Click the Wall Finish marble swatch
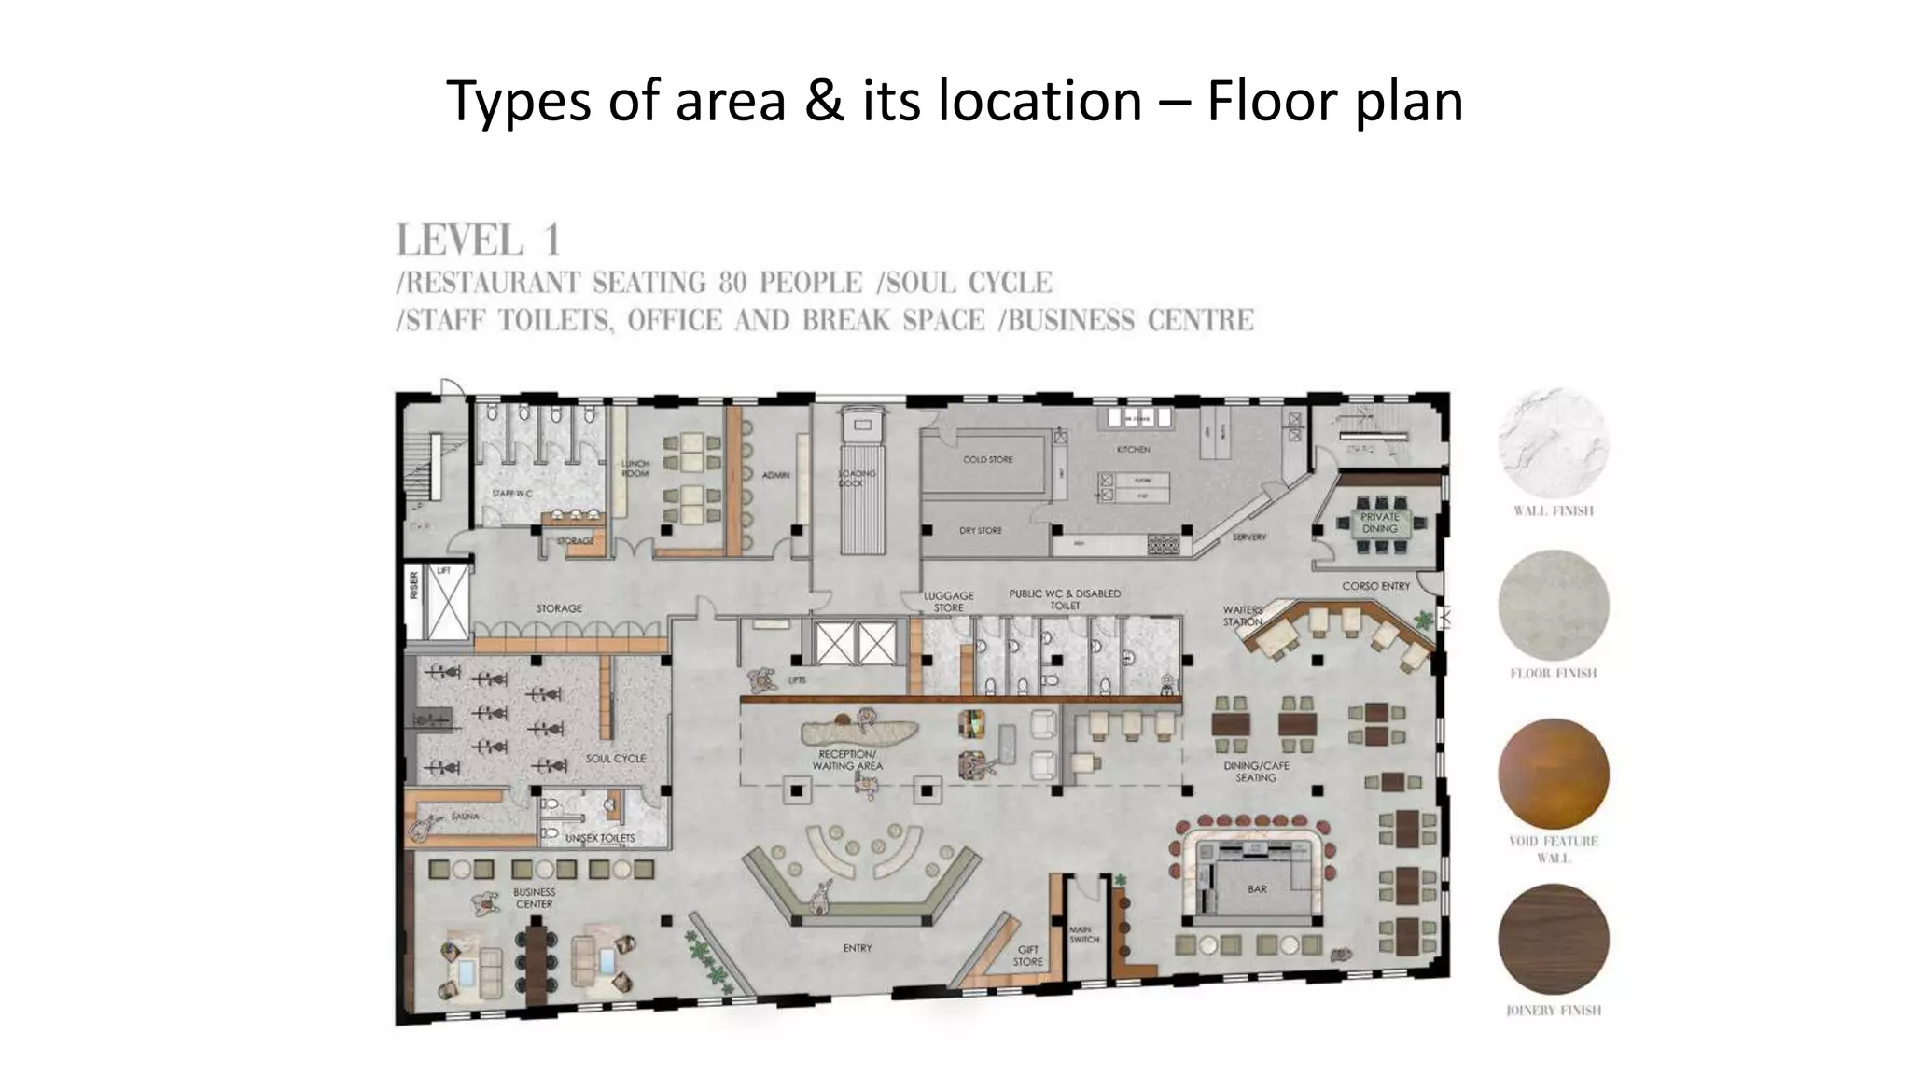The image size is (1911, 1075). point(1553,443)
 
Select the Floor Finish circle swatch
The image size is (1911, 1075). point(1553,606)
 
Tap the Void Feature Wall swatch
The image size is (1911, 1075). point(1553,774)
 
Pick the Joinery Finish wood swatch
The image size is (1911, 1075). point(1553,939)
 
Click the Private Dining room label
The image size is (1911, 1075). point(1379,523)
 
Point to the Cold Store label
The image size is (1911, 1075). point(987,459)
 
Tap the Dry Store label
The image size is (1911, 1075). point(980,530)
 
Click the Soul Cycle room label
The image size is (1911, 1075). point(615,758)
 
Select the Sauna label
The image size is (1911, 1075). point(465,817)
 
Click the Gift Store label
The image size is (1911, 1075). point(1027,956)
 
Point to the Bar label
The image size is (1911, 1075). point(1257,888)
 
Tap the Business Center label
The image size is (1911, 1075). point(534,898)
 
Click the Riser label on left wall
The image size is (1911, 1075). point(414,585)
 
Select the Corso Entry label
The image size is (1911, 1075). point(1375,586)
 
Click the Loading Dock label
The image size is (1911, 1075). point(857,478)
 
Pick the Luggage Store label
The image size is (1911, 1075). point(948,601)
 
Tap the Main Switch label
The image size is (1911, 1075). point(1083,934)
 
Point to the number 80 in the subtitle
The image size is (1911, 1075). point(732,282)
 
